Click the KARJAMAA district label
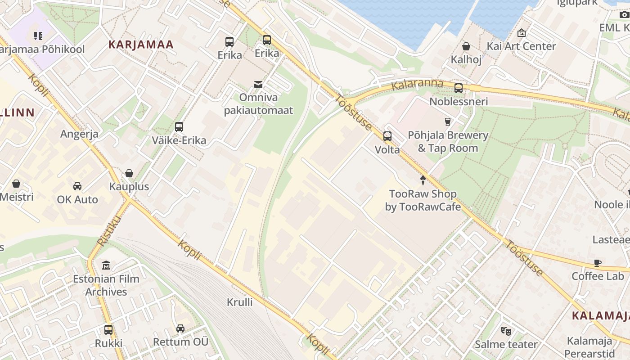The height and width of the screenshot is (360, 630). tap(141, 45)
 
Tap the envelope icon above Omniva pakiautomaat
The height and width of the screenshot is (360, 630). tap(258, 84)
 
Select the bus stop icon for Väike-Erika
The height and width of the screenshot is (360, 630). tap(179, 127)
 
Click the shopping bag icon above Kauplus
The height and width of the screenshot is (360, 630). tap(129, 173)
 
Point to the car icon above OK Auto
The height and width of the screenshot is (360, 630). tap(77, 186)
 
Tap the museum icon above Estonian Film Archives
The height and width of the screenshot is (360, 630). tap(106, 265)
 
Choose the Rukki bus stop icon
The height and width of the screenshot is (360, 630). tap(108, 330)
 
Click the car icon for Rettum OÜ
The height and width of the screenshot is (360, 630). tap(180, 328)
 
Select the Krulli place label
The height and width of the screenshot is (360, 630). tap(239, 302)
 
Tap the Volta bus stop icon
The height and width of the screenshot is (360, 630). tap(387, 136)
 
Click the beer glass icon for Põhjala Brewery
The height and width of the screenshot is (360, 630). tap(447, 121)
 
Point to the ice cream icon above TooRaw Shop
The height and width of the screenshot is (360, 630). tap(423, 180)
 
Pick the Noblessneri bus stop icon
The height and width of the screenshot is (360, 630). tap(459, 88)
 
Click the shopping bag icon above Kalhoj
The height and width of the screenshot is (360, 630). tap(466, 46)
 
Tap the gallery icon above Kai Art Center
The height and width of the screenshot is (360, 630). tap(522, 33)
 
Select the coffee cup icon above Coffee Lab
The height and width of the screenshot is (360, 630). tap(598, 263)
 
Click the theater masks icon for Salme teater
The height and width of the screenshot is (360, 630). tap(506, 331)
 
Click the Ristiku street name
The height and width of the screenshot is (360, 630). tap(103, 230)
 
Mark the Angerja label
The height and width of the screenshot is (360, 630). tap(80, 134)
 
